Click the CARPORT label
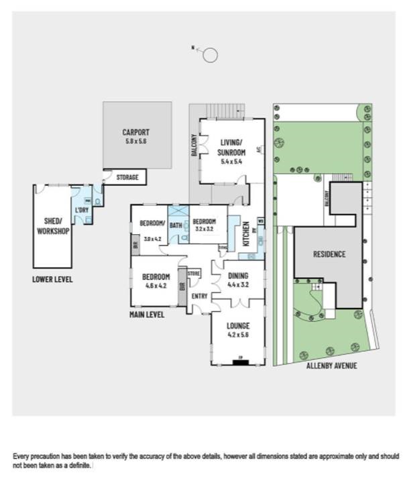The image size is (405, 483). click(x=136, y=132)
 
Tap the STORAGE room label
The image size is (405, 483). click(x=127, y=178)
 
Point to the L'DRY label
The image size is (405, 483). click(x=82, y=211)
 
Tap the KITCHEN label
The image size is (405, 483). click(x=246, y=233)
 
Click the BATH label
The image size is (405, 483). click(x=176, y=225)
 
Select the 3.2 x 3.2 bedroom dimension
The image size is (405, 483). click(x=205, y=229)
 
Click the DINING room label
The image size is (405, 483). click(x=238, y=276)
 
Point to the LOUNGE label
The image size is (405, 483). click(x=238, y=327)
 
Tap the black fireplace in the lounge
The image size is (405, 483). click(x=238, y=363)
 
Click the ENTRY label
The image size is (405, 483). click(x=200, y=295)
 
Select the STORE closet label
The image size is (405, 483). click(x=194, y=274)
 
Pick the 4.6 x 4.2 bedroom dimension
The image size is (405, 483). click(x=156, y=285)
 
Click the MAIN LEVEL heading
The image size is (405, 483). click(x=148, y=313)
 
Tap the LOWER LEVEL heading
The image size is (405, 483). click(x=52, y=279)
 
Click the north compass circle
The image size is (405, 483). click(x=211, y=55)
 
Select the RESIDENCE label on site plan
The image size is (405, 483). click(x=329, y=254)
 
